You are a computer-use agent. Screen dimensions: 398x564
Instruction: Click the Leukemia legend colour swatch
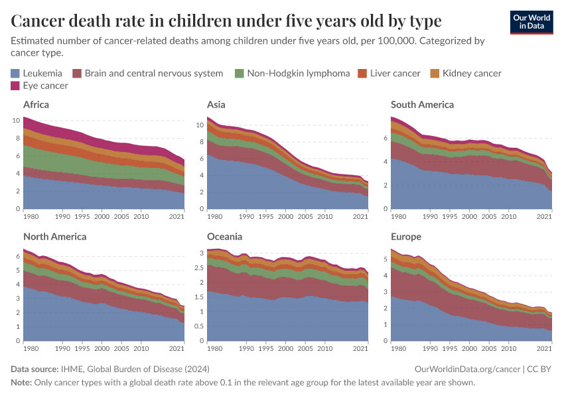coord(15,73)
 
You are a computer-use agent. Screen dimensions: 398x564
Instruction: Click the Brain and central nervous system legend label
coord(153,73)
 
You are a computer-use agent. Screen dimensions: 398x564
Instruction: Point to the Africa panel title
coord(36,104)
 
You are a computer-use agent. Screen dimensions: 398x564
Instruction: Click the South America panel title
coord(422,104)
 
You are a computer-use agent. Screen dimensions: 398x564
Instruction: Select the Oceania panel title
coord(224,236)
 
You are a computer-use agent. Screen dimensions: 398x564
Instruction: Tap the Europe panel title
coord(406,236)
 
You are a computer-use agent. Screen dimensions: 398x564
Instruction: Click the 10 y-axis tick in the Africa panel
coord(16,121)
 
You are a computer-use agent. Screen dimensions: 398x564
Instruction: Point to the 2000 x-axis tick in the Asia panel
coord(285,217)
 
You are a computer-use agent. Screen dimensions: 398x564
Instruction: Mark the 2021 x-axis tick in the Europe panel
coord(545,349)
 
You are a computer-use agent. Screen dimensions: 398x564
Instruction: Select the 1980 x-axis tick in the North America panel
coord(31,349)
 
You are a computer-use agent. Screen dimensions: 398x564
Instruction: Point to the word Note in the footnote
coord(22,383)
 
